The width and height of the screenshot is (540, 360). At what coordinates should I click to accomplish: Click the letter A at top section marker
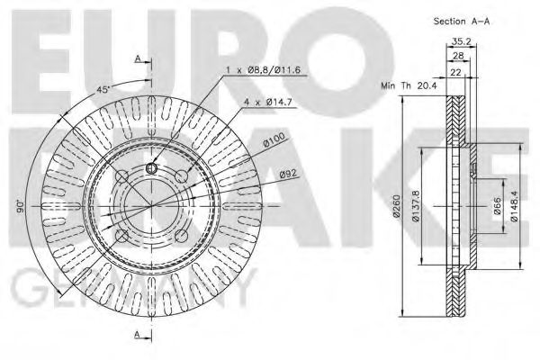(138, 59)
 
